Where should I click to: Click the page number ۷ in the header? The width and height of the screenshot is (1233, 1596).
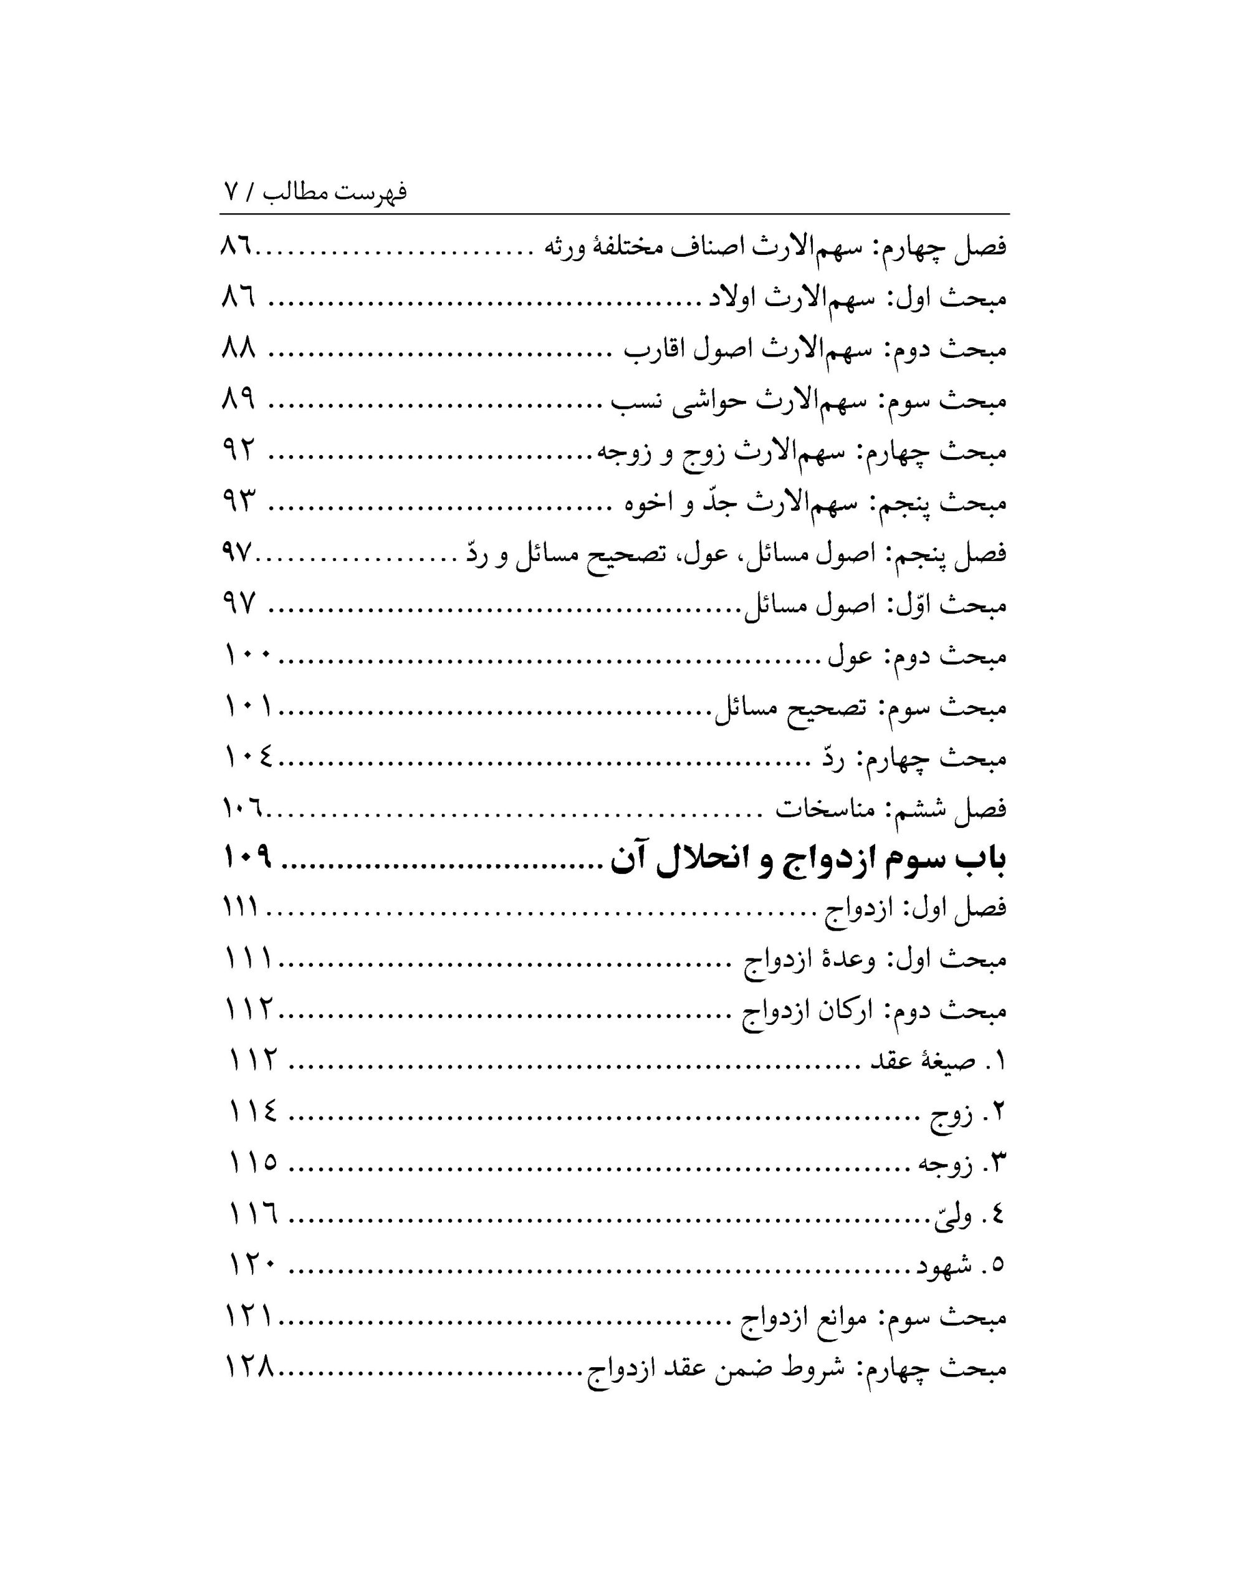click(x=230, y=192)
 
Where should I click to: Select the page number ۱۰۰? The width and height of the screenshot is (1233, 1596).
click(x=247, y=657)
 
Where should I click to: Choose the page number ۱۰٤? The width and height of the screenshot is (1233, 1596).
click(x=247, y=759)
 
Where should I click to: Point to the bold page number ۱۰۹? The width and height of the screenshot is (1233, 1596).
click(x=247, y=858)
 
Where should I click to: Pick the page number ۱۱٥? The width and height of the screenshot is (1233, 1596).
click(x=253, y=1163)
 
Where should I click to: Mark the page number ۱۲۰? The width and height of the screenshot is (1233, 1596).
click(x=253, y=1265)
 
